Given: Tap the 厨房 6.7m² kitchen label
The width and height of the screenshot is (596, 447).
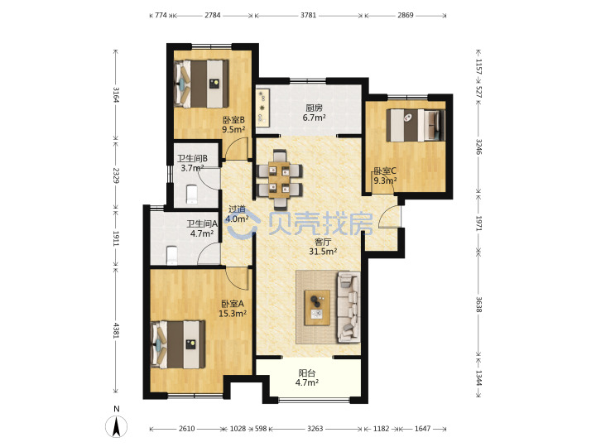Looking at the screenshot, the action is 314,113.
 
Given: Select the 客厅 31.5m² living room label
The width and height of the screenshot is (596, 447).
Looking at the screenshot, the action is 323,247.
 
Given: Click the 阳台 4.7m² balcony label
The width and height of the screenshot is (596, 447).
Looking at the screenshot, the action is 307,377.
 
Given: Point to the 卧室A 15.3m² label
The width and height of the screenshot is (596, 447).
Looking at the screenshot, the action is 233,309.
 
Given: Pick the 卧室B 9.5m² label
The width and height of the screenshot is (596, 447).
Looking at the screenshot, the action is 233,125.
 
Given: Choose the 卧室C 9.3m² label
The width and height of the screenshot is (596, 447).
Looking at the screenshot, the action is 385,175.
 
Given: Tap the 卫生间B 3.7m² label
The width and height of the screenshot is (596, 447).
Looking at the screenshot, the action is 192,163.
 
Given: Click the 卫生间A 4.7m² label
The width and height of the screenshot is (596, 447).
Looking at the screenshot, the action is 202,228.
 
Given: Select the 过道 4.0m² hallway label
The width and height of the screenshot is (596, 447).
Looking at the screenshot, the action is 237,214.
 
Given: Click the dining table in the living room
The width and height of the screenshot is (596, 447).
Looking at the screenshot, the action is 280,180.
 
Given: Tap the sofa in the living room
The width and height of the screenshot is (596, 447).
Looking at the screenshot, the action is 348,306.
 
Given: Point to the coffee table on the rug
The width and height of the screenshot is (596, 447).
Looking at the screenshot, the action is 317,307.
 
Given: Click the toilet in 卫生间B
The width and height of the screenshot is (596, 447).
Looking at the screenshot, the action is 192,195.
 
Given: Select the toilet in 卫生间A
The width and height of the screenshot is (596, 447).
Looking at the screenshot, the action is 172,256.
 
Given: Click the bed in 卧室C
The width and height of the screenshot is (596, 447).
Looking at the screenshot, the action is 416,126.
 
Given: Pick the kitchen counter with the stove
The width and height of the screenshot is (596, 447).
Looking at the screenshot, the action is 262,108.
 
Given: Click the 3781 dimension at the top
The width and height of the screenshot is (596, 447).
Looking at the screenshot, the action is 308,16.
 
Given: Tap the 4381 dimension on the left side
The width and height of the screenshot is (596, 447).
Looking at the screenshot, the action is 116,330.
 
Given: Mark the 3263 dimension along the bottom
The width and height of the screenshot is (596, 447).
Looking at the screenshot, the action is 315,429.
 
